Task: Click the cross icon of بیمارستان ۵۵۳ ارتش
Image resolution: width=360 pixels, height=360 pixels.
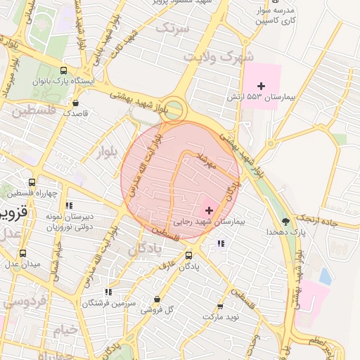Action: pyautogui.click(x=261, y=85)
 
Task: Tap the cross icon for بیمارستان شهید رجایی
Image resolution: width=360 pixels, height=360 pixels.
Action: pyautogui.click(x=209, y=210)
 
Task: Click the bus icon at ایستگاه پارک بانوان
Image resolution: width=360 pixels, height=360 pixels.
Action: pyautogui.click(x=64, y=71)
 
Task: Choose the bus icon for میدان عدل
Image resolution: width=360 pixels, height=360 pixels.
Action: pyautogui.click(x=23, y=253)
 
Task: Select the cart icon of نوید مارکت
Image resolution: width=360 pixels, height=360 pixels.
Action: pyautogui.click(x=220, y=307)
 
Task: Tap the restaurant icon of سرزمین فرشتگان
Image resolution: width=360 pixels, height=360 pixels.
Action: pyautogui.click(x=108, y=292)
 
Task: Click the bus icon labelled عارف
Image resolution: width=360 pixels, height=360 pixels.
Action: pyautogui.click(x=188, y=256)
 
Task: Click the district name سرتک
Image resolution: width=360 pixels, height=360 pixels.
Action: pyautogui.click(x=173, y=29)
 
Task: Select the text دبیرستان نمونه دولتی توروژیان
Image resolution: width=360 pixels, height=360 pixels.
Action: pyautogui.click(x=70, y=221)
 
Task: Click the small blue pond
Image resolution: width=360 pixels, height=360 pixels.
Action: pyautogui.click(x=325, y=276)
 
